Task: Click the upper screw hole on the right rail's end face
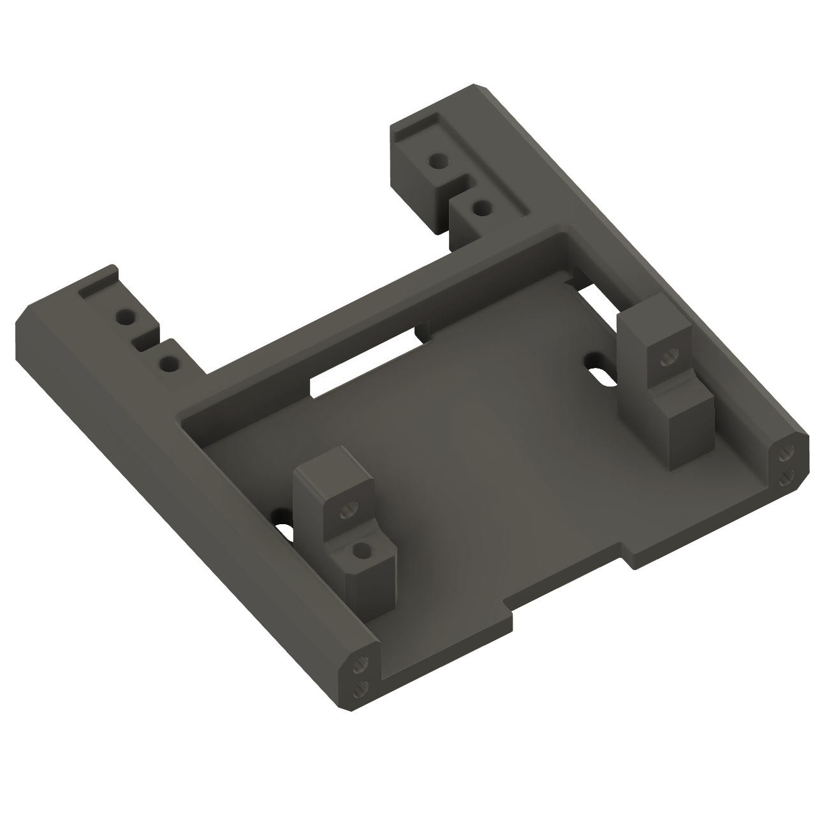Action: (x=785, y=454)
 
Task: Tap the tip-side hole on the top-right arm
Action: (x=437, y=161)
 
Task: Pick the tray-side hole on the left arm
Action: (x=168, y=363)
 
